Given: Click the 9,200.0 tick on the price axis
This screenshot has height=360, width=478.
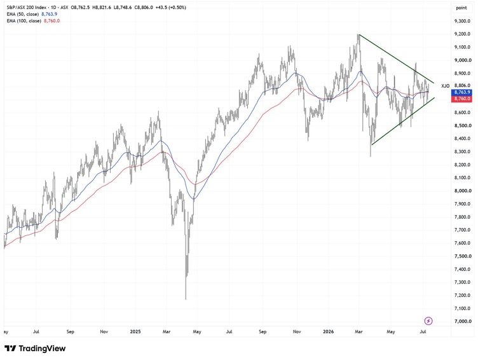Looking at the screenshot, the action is click(x=461, y=34).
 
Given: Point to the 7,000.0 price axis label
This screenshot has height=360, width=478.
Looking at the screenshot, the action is click(x=461, y=321).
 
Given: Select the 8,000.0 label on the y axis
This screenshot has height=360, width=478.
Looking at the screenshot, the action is click(x=461, y=191).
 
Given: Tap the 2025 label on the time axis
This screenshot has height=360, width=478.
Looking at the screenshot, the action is click(x=135, y=331).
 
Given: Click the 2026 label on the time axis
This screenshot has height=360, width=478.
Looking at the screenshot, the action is click(x=328, y=331).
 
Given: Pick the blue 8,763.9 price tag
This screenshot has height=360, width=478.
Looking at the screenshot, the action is click(x=461, y=92).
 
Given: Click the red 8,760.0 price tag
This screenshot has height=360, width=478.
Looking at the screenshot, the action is click(x=461, y=99).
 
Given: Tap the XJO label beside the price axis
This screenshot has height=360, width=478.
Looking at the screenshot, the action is click(x=445, y=86).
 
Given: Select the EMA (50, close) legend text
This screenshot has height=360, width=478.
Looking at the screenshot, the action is click(x=22, y=14).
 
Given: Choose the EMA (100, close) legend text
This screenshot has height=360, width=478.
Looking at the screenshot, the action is click(x=24, y=21).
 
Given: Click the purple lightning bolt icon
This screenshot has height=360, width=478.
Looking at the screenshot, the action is click(x=428, y=321).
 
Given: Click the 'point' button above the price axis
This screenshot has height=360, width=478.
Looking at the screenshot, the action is click(x=461, y=8).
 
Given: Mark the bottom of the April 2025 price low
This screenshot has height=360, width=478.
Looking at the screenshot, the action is click(x=186, y=300).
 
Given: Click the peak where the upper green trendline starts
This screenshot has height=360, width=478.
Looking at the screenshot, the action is click(x=359, y=34).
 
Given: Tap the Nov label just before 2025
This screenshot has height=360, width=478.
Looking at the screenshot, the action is click(x=104, y=331).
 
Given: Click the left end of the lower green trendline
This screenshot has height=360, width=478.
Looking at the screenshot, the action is click(x=372, y=144).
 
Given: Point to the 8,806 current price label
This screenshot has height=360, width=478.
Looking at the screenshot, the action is click(x=461, y=86).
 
